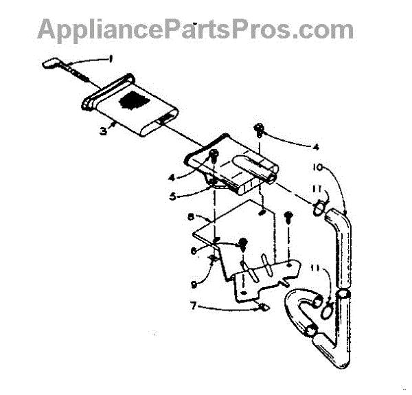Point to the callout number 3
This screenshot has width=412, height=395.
point(102,131)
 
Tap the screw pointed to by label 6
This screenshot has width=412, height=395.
point(242,243)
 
